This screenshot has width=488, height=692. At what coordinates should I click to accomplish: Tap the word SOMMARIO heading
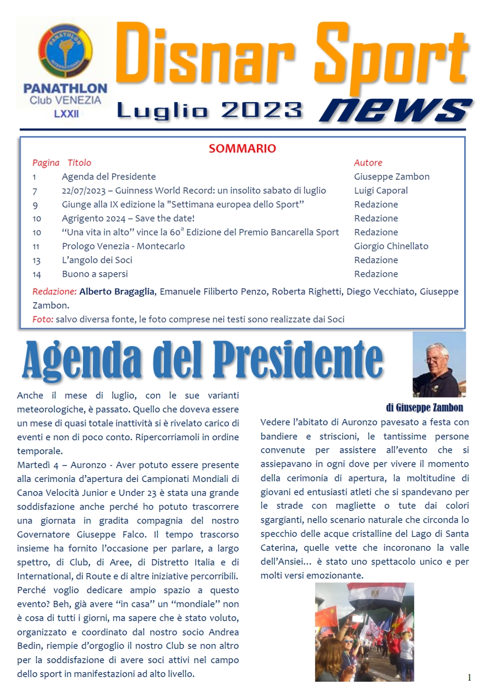(242, 149)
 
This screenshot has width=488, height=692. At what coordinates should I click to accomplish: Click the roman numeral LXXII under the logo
(66, 114)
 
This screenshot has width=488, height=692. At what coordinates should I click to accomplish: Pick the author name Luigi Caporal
(381, 191)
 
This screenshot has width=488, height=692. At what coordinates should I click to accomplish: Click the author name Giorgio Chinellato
(391, 246)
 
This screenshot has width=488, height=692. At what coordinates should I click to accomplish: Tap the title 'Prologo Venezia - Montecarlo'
(123, 246)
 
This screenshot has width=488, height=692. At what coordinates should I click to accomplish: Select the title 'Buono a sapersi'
(95, 274)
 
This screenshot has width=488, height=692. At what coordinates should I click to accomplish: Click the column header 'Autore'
(368, 163)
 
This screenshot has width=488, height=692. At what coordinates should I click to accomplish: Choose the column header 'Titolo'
(79, 163)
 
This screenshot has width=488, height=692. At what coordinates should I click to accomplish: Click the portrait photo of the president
(439, 364)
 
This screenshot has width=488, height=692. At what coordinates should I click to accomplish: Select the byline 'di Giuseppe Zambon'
(424, 408)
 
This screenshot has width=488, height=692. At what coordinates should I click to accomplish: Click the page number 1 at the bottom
(469, 677)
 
